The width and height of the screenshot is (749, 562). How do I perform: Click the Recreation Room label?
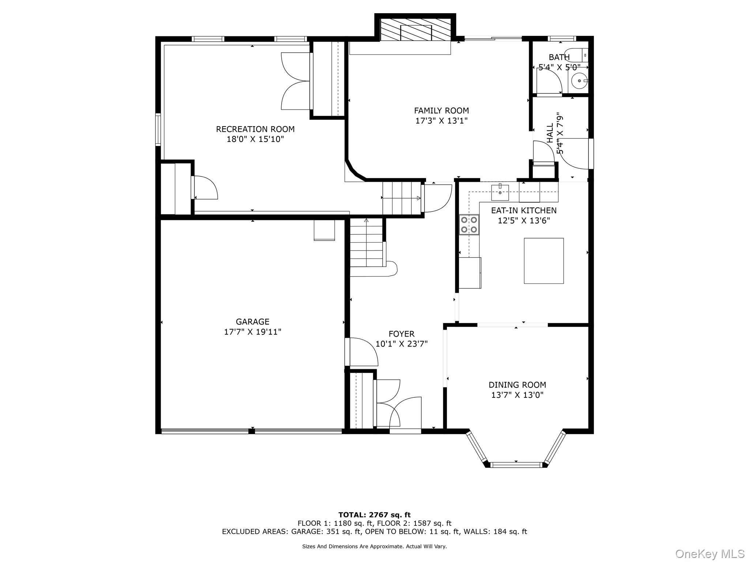click(x=255, y=129)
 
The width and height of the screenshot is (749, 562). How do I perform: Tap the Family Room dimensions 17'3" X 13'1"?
click(x=441, y=121)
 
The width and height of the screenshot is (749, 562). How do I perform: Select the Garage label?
click(x=252, y=322)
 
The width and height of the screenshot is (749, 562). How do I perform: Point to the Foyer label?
click(x=402, y=334)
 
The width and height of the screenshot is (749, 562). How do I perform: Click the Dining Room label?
click(x=517, y=385)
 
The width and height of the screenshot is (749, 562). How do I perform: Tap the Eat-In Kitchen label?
click(x=524, y=210)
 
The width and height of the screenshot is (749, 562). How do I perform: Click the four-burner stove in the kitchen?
click(x=469, y=225)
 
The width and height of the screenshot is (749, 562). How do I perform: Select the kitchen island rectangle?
click(x=544, y=261)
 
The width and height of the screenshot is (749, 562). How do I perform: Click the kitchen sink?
click(x=500, y=192)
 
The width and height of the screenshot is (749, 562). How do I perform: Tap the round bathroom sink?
click(x=579, y=80)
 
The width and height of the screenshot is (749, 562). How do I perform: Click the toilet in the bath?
click(x=576, y=55)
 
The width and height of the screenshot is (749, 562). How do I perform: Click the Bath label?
click(x=559, y=57)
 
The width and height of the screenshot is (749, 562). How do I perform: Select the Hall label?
click(x=550, y=133)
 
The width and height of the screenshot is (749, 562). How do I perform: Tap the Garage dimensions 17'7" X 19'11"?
click(x=252, y=332)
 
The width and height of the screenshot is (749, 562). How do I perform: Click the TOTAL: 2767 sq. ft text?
click(x=374, y=515)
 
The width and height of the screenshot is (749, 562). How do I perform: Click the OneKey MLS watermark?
click(x=710, y=554)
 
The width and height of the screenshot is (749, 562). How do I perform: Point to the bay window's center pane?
click(x=516, y=465)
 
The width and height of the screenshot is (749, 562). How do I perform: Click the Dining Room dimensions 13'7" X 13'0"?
click(x=517, y=395)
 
